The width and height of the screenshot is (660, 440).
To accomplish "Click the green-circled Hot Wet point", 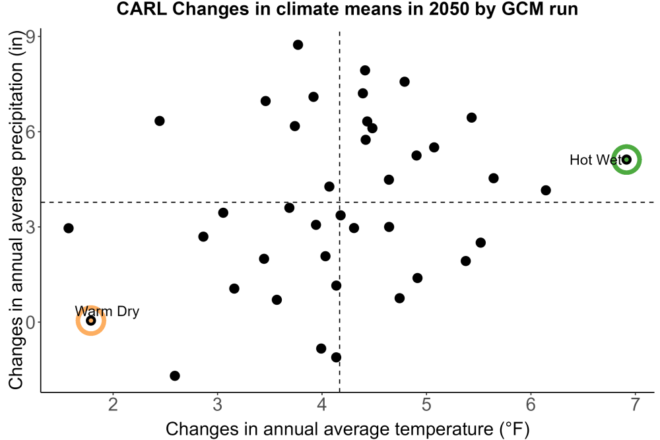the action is [626, 160].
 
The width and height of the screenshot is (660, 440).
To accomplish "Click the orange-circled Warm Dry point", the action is [90, 321].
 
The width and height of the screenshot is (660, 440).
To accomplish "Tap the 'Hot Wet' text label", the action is [595, 160].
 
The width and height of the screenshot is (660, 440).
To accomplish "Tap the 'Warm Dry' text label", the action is [107, 311].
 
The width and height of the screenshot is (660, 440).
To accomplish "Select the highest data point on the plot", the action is [298, 45].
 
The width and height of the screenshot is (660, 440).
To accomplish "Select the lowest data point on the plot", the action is [175, 375].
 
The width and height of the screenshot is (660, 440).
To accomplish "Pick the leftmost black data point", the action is [69, 228].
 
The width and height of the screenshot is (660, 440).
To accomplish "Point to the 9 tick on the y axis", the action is [31, 36].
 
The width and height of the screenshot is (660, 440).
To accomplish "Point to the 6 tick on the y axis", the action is [31, 132].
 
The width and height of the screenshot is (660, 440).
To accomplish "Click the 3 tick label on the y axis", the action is [31, 227].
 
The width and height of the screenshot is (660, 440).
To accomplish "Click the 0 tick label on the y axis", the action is [31, 322].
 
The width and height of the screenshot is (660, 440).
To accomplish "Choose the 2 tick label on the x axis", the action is [112, 404].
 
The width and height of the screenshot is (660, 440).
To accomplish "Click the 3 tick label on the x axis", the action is [217, 404].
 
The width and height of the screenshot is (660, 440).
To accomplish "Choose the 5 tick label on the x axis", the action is [426, 404].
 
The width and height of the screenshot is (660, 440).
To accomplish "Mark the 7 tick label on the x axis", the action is [636, 404].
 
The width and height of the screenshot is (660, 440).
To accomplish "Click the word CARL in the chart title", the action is [142, 9].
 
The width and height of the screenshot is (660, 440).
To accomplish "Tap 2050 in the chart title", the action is [449, 9].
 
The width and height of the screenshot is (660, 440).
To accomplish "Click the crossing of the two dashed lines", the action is [339, 203].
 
